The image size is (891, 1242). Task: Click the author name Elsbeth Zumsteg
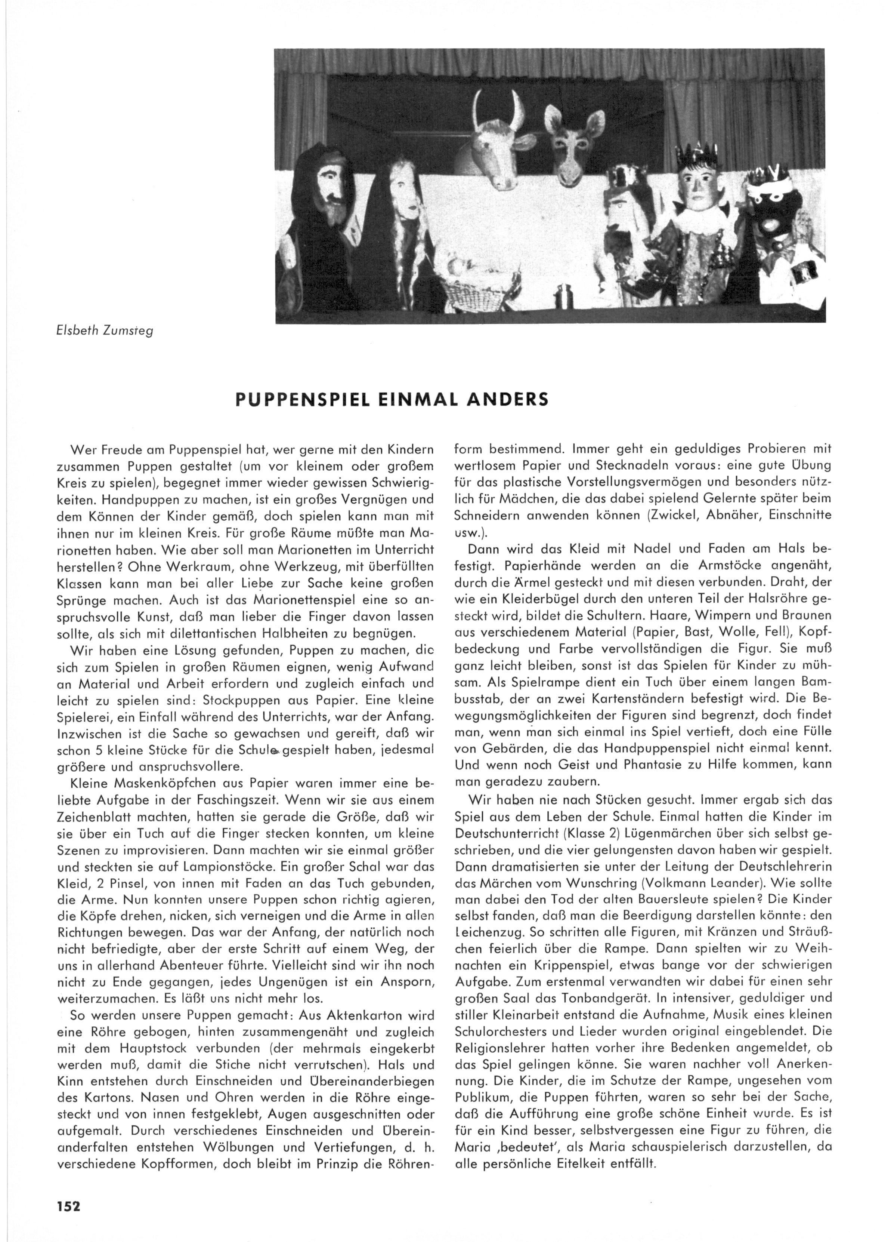[x=105, y=331]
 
